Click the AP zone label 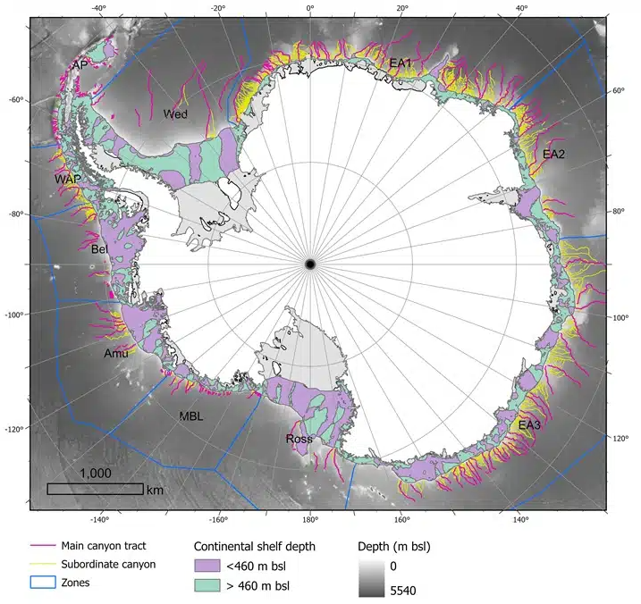click(80, 66)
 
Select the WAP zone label click(67, 180)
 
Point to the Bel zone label click(99, 249)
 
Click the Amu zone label click(116, 354)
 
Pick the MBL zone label click(191, 416)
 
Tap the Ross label click(299, 439)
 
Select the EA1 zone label click(400, 63)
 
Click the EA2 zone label click(554, 154)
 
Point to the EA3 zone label click(529, 424)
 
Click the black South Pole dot click(309, 264)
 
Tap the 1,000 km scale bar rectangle click(95, 489)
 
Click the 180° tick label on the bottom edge click(309, 519)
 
